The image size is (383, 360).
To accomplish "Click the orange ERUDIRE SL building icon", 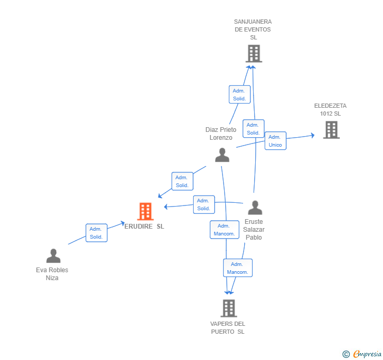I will pos(145,211).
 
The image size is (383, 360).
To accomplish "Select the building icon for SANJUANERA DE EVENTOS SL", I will pos(254,53).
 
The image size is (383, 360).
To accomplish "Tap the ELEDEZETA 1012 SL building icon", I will pos(331,130).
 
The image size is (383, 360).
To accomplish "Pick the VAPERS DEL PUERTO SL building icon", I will pos(228,308).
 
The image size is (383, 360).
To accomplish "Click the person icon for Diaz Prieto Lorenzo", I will pos(222,155).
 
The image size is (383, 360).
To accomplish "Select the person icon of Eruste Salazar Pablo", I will pos(255,208).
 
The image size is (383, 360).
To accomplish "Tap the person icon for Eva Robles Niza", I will pos(53,256).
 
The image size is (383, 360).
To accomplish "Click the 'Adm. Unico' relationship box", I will pos(275,141).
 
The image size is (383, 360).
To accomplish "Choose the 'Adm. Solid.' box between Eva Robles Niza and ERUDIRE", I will pos(96,233).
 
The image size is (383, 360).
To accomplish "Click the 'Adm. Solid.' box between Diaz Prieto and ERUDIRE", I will pos(182,181).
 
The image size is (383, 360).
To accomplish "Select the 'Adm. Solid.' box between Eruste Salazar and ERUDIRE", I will pos(204,204).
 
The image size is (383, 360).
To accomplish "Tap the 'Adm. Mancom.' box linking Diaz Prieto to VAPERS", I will pos(225,230).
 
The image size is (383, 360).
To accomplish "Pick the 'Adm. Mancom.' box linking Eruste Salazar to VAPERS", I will pos(237,268).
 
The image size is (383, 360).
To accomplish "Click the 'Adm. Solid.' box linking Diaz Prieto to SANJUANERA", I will pos(239,95).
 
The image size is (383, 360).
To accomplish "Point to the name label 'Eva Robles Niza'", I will pos(52,274).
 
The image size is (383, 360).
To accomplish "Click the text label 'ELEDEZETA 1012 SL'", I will pos(330,109).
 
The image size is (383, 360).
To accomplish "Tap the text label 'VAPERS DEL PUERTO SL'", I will pos(228,327).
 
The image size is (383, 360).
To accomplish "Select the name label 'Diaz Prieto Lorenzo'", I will pos(221,133).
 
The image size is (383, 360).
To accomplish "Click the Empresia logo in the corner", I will pos(361,354).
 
